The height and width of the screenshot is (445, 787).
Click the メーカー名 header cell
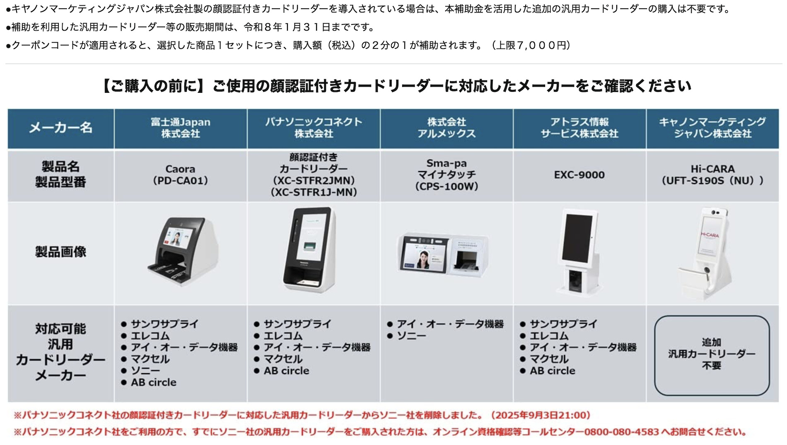[60, 128]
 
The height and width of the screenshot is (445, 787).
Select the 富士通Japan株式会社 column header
[180, 128]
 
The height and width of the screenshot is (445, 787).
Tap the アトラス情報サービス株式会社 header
[579, 128]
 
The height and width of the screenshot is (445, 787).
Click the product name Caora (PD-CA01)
[180, 175]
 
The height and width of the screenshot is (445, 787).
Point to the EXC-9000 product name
[579, 175]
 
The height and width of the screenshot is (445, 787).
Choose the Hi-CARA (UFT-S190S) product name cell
[712, 175]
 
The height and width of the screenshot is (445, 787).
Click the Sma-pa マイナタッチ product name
[447, 175]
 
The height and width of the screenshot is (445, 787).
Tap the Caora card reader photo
[182, 252]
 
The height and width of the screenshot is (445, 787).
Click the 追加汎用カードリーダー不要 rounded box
[712, 355]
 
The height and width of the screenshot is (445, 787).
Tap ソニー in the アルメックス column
[411, 336]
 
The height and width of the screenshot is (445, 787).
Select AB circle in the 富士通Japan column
[154, 382]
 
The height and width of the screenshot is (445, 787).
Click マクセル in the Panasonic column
[283, 359]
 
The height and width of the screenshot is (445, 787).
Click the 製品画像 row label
[60, 252]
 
